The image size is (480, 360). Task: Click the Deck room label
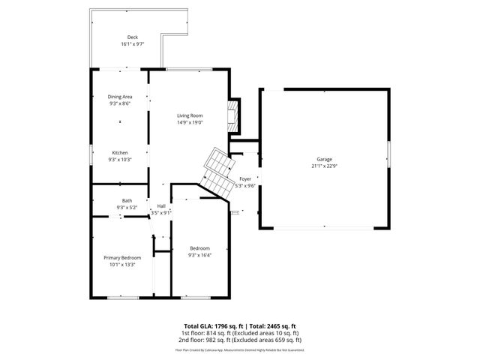pyautogui.click(x=132, y=37)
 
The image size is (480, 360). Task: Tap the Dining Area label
pyautogui.click(x=120, y=97)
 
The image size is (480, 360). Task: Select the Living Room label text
pyautogui.click(x=190, y=115)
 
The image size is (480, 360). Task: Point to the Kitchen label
pyautogui.click(x=120, y=153)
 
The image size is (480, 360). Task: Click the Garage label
pyautogui.click(x=324, y=159)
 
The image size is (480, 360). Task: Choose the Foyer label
pyautogui.click(x=245, y=178)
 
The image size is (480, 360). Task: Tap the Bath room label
pyautogui.click(x=127, y=200)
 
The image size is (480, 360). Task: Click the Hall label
pyautogui.click(x=161, y=206)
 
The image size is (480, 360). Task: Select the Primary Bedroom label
pyautogui.click(x=121, y=258)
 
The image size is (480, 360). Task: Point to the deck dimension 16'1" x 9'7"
pyautogui.click(x=132, y=44)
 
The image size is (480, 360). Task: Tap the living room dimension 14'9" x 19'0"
pyautogui.click(x=190, y=122)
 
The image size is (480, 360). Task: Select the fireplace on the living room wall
pyautogui.click(x=235, y=115)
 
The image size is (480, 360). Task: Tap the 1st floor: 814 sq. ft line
pyautogui.click(x=239, y=332)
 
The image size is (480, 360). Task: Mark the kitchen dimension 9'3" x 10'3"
pyautogui.click(x=120, y=160)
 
